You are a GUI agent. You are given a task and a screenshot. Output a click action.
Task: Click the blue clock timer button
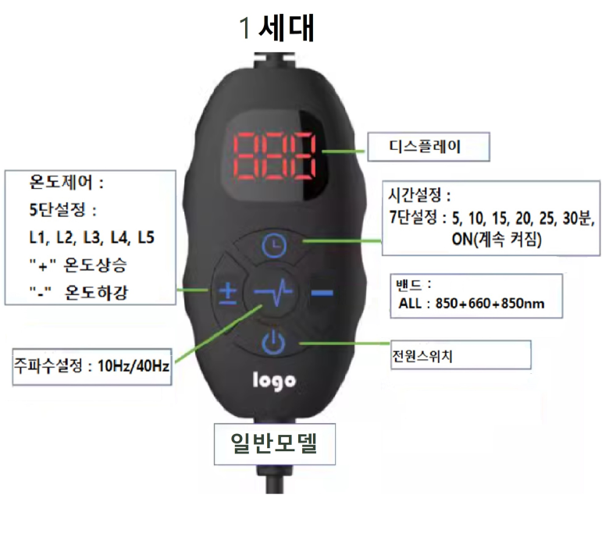(x=274, y=245)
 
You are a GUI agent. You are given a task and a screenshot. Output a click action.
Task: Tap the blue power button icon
(x=274, y=343)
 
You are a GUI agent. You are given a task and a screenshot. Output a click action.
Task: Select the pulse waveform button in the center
(x=273, y=292)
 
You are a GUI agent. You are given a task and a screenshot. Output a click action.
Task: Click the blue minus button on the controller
(x=322, y=293)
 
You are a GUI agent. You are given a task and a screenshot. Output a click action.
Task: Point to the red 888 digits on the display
(x=275, y=156)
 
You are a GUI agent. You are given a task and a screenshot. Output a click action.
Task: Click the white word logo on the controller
(x=274, y=381)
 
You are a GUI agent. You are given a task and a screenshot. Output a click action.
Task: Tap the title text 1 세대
(x=276, y=27)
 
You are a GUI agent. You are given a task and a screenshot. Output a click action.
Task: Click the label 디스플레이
(x=425, y=147)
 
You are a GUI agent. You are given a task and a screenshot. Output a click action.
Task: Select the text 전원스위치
(x=422, y=356)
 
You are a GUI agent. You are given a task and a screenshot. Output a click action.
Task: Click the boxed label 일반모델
(x=274, y=443)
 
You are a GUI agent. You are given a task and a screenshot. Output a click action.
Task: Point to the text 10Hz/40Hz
(x=134, y=366)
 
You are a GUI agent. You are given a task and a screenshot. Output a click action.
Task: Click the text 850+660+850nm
(x=490, y=304)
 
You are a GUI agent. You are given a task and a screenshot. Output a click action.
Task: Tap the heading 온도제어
(x=62, y=182)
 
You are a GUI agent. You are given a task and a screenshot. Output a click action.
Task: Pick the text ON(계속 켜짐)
(x=497, y=239)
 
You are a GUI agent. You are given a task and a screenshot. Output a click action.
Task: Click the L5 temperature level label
(x=146, y=237)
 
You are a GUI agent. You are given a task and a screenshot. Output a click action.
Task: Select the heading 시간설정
(x=415, y=194)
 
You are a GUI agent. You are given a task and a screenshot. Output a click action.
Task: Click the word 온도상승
(x=94, y=265)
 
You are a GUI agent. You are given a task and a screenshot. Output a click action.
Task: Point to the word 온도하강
(x=95, y=293)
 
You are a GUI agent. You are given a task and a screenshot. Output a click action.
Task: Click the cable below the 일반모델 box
(x=275, y=479)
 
